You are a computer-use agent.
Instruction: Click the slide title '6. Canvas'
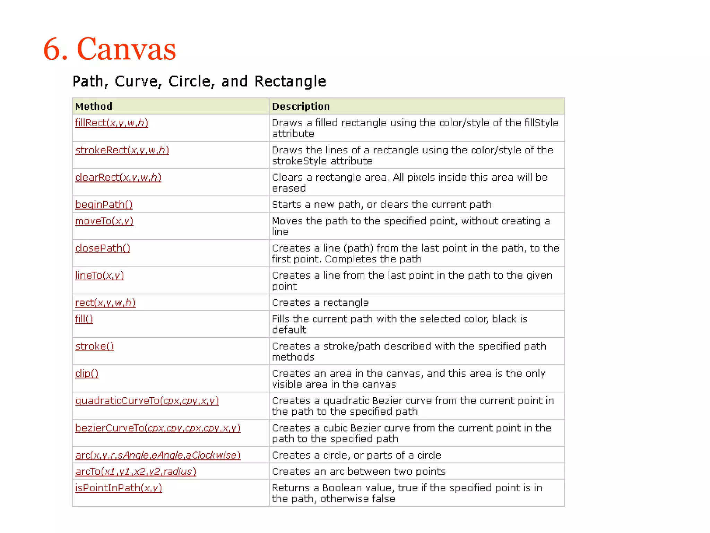coord(110,49)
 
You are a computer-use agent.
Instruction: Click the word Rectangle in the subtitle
coord(290,82)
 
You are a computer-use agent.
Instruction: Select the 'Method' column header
coord(94,106)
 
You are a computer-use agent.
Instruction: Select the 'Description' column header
coord(301,106)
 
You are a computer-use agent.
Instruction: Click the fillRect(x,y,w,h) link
coord(111,123)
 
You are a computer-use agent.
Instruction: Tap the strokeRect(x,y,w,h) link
coord(122,150)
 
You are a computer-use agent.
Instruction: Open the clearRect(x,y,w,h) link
coord(118,177)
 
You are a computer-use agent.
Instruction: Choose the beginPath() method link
coord(104,204)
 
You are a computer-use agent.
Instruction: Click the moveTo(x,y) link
coord(104,221)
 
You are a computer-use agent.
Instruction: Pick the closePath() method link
coord(103,248)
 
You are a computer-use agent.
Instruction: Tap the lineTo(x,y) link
coord(99,276)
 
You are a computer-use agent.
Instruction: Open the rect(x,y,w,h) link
coord(105,303)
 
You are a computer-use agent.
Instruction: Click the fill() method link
coord(84,319)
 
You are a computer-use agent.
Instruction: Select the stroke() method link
coord(94,346)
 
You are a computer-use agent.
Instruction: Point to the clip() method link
coord(87,373)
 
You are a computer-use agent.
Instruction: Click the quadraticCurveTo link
coord(147,401)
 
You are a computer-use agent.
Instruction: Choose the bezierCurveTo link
coord(157,428)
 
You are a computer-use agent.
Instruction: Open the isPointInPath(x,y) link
coord(118,488)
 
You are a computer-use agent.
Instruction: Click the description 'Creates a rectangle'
coord(320,303)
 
